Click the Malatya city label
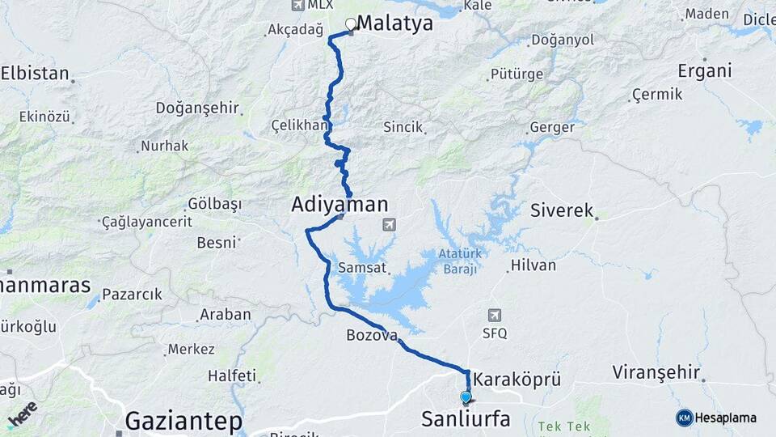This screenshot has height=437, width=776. pos(394,23)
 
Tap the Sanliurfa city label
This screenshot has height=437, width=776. pos(466,418)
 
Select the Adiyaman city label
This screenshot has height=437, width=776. pos(339,205)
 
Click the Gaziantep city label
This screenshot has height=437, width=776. pos(183,421)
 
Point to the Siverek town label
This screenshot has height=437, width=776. pos(562,210)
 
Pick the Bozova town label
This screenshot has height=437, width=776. pos(372,335)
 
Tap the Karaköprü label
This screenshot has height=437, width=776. pos(517,379)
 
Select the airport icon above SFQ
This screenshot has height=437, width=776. pos(495,315)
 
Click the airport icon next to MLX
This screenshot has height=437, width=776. pos(297,6)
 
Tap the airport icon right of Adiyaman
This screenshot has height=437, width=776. pos(389,224)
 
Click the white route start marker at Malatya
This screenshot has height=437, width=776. pos(351,24)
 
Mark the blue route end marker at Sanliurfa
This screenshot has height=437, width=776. pos(466,397)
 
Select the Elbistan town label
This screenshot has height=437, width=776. pos(35,74)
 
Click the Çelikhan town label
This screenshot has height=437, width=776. pos(297,125)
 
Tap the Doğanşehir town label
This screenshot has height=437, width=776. pos(197,108)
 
